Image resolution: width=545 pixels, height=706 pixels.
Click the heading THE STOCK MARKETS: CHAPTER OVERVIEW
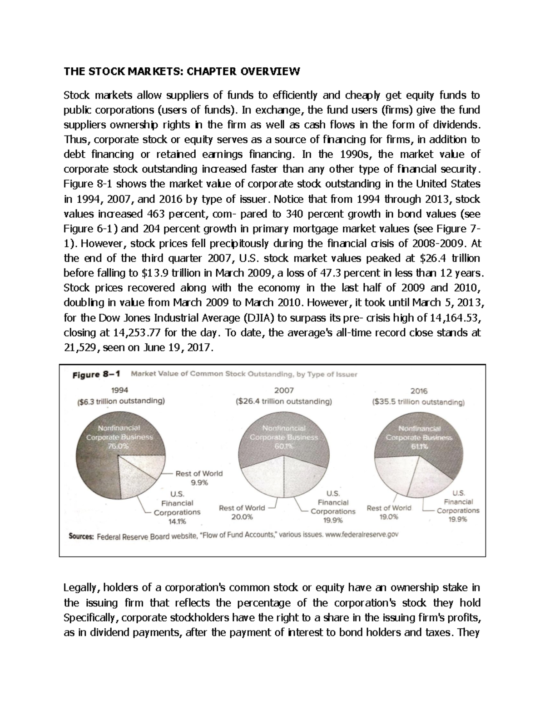point(182,71)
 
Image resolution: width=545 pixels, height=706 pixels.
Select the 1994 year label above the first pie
point(120,390)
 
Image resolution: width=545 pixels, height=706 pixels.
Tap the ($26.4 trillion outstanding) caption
point(284,401)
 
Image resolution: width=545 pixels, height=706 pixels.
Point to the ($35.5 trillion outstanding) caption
point(418,402)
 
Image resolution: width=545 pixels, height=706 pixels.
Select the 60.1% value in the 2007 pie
point(284,446)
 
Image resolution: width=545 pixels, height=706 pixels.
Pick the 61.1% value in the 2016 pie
point(419,446)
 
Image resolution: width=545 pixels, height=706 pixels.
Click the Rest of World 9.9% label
point(199,478)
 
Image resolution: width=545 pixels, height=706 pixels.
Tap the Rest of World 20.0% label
point(242,512)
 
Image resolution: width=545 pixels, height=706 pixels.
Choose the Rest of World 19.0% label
point(389,512)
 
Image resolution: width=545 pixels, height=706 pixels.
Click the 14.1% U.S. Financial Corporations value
point(177,521)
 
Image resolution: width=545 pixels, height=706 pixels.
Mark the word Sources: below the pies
point(81,536)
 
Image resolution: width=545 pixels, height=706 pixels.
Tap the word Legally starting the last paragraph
point(81,588)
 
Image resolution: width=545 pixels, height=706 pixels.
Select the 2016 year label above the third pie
point(419,391)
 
